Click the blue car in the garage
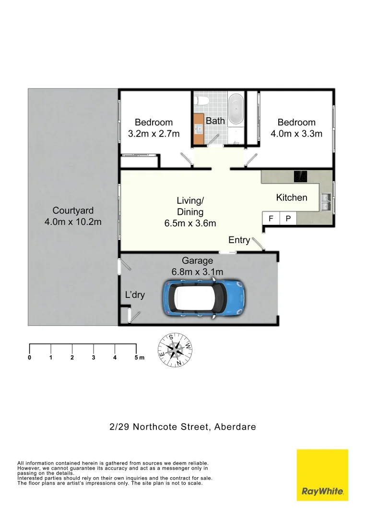(205, 298)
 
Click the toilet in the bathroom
(202, 100)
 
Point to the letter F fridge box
(271, 219)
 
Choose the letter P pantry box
(288, 219)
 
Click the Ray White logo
(322, 475)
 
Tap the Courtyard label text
(73, 210)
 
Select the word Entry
(239, 240)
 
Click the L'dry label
(135, 295)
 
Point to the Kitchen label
(292, 198)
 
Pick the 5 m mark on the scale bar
(138, 358)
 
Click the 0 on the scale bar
(30, 358)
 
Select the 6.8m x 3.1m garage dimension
(197, 272)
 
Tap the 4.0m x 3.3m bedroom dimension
(296, 134)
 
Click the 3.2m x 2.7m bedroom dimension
(153, 134)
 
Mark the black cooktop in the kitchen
(301, 176)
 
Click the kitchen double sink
(326, 202)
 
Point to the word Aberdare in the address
(235, 426)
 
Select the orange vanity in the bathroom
(199, 129)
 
